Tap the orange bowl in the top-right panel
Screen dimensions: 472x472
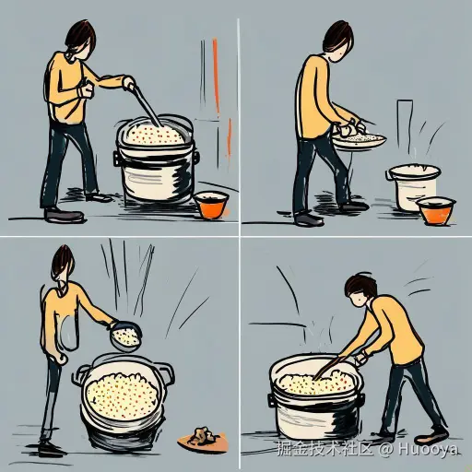click(x=435, y=210)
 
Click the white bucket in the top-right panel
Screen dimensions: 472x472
click(x=411, y=185)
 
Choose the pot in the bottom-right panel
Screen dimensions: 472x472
click(x=313, y=398)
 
